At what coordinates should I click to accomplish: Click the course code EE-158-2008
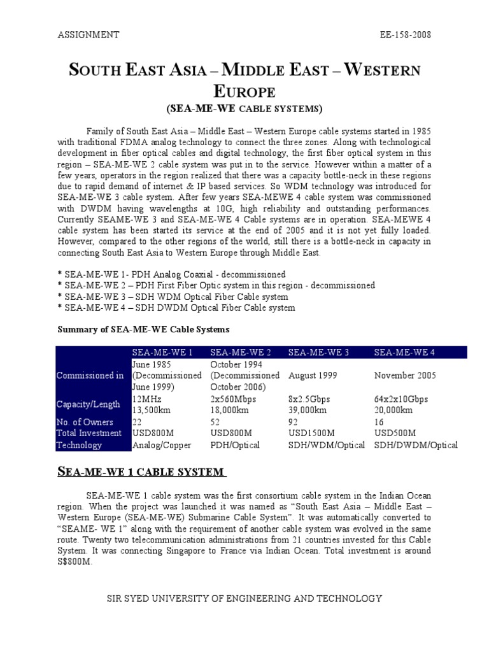tap(403, 34)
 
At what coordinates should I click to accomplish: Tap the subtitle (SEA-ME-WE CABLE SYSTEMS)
tap(244, 108)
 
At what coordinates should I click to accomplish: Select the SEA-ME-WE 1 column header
tap(162, 353)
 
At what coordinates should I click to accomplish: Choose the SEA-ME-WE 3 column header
tap(319, 353)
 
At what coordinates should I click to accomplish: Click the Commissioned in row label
tap(90, 376)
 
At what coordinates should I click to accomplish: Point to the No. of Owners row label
tap(85, 422)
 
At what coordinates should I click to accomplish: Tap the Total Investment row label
tap(89, 434)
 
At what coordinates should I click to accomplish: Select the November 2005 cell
tap(405, 376)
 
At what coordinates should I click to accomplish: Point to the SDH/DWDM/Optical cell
tap(416, 445)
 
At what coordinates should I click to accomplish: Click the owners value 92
tap(294, 422)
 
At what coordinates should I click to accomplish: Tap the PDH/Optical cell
tap(235, 445)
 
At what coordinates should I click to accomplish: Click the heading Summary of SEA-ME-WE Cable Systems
tap(143, 329)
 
